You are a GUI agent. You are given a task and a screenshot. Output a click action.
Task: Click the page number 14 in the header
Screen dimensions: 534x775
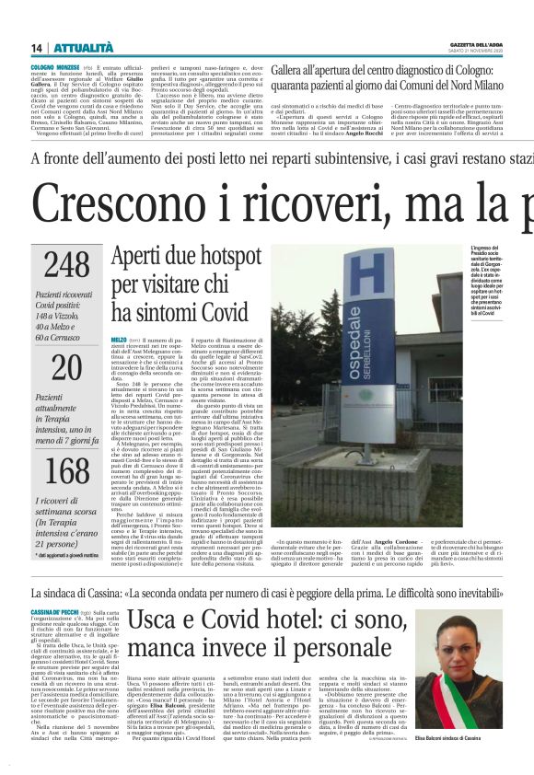tap(37, 48)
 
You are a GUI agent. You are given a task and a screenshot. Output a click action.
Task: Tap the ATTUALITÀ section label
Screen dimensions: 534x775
tap(83, 48)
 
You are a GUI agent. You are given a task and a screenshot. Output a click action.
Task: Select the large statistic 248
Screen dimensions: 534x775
tap(67, 264)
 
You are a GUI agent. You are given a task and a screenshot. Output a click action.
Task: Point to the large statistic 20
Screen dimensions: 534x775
tap(66, 367)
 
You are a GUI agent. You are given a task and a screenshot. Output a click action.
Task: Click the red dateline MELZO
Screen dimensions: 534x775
tap(119, 340)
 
